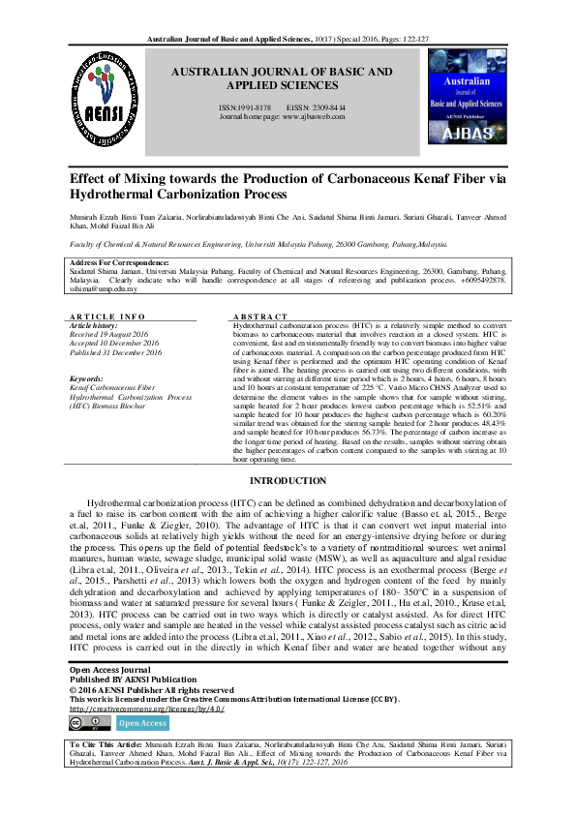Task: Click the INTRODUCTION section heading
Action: coord(288,481)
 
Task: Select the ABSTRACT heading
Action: coord(260,317)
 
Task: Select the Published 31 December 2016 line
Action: coord(116,352)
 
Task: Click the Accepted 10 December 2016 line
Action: coord(115,344)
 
